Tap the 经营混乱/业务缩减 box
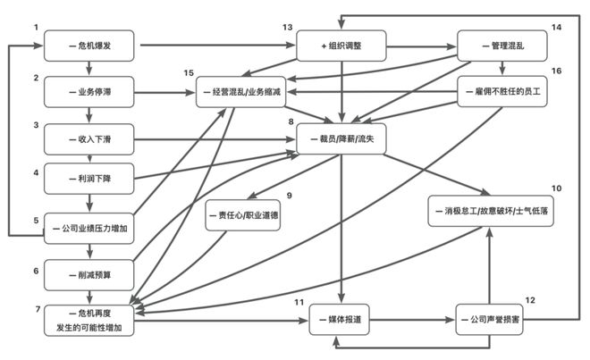[243, 92]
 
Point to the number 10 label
[556, 188]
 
